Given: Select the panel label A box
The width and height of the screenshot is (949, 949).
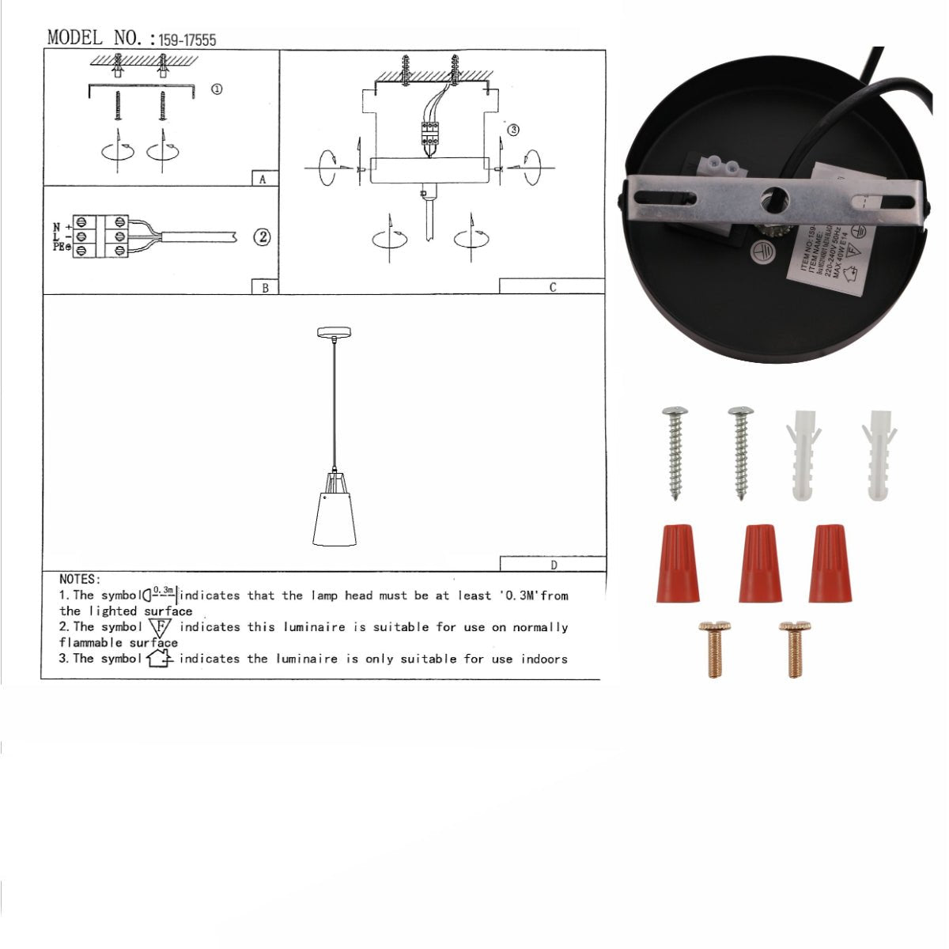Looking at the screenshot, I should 264,179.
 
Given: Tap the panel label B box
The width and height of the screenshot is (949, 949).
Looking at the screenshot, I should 264,287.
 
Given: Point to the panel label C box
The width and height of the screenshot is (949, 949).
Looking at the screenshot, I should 552,286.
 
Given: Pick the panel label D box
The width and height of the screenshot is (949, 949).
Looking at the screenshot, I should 553,564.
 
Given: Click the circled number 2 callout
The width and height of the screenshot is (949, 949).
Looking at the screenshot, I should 262,236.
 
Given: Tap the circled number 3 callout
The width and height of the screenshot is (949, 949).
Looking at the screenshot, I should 513,130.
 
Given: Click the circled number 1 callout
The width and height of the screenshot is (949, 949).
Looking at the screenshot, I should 216,89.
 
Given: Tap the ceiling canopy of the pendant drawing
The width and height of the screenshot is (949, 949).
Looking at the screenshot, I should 334,333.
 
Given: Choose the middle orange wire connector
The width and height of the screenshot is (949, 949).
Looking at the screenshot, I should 760,562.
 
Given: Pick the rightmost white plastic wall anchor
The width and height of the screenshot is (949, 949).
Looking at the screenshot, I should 879,455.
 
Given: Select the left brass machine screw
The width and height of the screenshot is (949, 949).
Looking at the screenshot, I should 713,649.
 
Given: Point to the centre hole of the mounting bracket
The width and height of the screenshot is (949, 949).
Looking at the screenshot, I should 770,200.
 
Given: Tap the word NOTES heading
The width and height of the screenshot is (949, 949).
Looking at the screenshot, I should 79,580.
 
